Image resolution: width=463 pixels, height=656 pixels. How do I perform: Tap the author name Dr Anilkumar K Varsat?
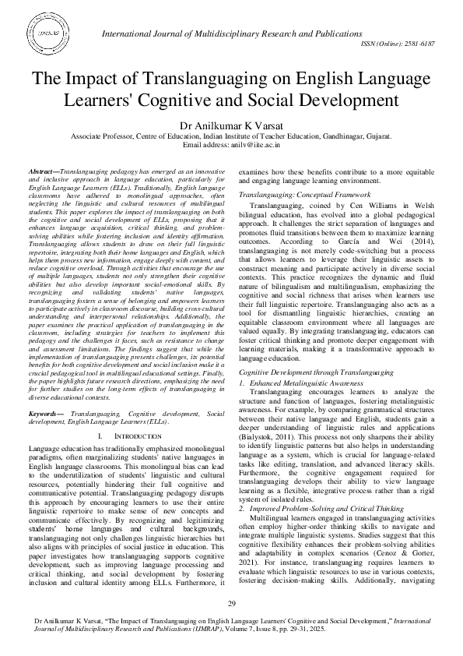pos(231,123)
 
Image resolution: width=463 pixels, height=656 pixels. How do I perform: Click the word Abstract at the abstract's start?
pos(42,170)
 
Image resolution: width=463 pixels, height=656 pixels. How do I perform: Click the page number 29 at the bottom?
pos(231,604)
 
